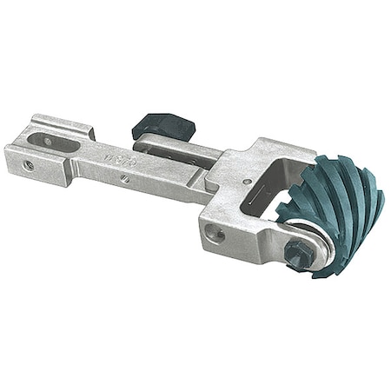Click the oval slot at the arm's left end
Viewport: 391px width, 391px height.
[x=44, y=138]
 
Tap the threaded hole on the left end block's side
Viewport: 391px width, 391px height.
[x=29, y=164]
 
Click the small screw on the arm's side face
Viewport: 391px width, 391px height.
[x=127, y=180]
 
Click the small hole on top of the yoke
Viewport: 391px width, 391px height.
[x=248, y=182]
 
